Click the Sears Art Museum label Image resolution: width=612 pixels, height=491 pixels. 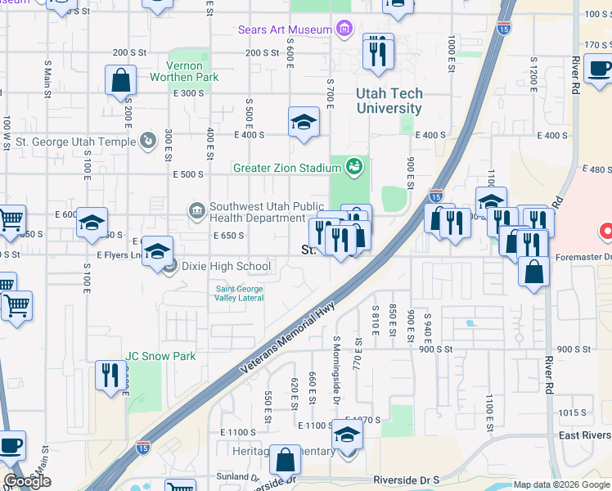(x=285, y=29)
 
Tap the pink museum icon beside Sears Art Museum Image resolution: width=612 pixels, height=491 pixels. (x=344, y=29)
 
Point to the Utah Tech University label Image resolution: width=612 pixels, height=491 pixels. (x=389, y=101)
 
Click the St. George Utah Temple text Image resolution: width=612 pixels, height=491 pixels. (x=76, y=142)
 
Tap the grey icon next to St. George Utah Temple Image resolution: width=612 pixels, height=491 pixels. (x=147, y=142)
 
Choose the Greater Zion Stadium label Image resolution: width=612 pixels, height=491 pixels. (x=286, y=169)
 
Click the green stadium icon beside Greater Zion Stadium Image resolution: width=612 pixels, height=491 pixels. (x=353, y=168)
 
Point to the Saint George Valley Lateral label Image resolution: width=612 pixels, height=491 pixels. (x=240, y=293)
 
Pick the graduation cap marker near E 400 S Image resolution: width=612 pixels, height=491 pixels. (x=304, y=122)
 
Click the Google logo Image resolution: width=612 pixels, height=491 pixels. (x=27, y=481)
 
